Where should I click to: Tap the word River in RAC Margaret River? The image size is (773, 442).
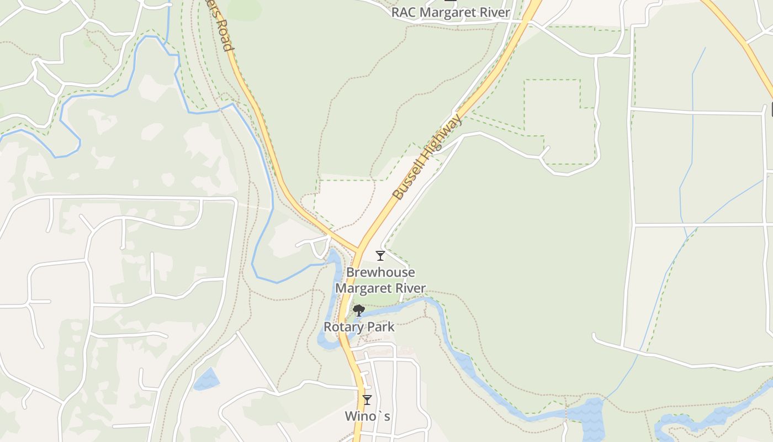click(x=493, y=12)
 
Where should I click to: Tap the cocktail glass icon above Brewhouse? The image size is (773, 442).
click(x=380, y=255)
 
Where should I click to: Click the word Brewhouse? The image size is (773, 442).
click(x=380, y=272)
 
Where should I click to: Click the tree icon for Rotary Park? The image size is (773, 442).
click(x=358, y=311)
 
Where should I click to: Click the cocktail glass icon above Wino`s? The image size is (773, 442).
click(x=367, y=399)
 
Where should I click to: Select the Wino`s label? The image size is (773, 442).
click(x=367, y=416)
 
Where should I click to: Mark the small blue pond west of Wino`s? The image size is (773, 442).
click(x=205, y=379)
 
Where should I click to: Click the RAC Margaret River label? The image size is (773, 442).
click(x=451, y=12)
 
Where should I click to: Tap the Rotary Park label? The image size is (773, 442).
click(x=359, y=327)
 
